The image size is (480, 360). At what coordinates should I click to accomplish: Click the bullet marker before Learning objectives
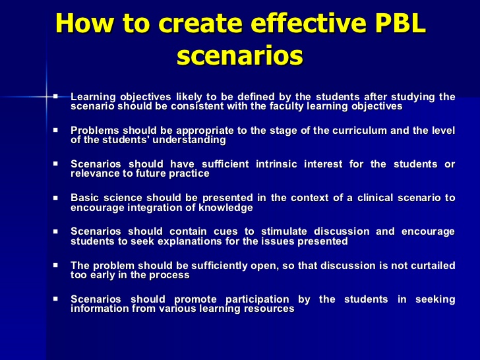(55, 96)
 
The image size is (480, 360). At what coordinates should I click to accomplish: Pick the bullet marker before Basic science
(55, 197)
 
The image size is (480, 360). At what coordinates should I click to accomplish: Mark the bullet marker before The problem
(55, 265)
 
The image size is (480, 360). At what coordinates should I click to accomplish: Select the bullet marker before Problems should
(55, 130)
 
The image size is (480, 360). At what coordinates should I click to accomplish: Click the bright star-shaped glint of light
(47, 97)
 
